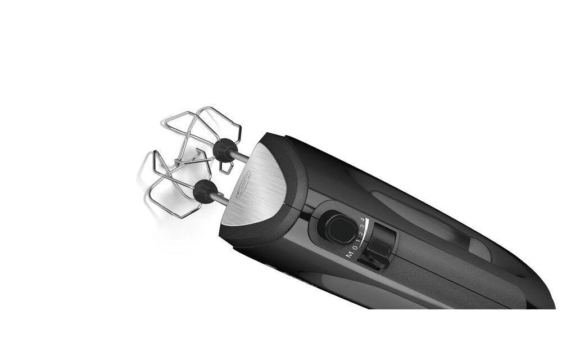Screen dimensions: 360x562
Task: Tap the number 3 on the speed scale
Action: pos(361,226)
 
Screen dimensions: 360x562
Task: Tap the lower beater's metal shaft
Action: pos(221,199)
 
